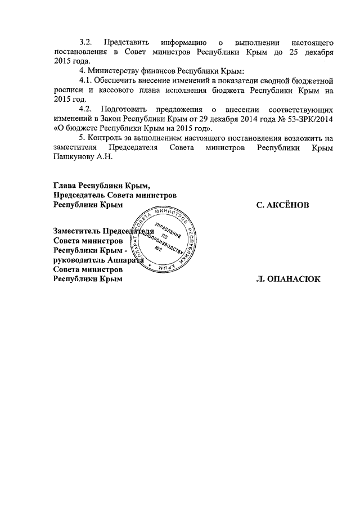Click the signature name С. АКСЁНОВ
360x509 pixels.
(x=283, y=205)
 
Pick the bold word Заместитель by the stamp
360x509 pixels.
(x=76, y=231)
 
